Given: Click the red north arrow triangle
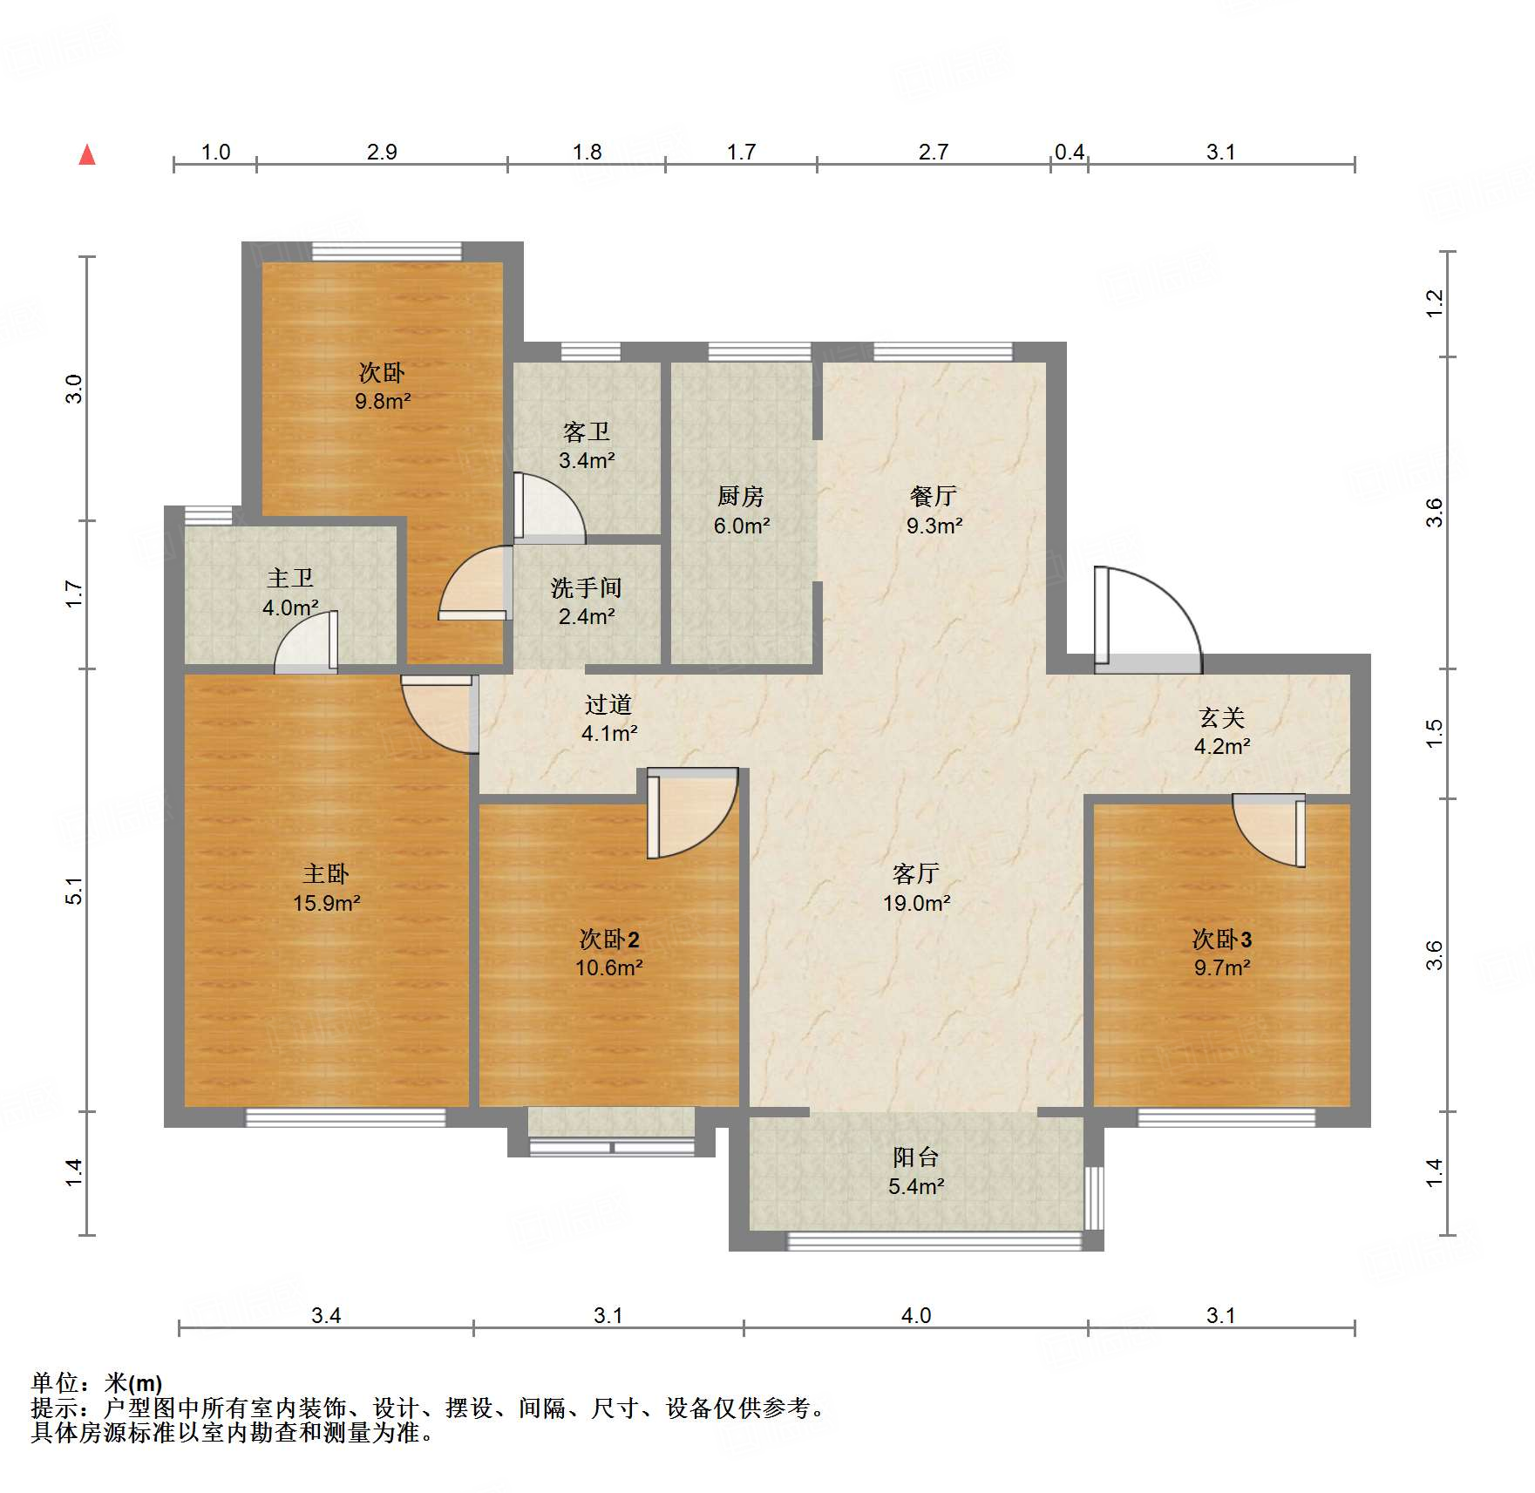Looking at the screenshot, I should click(87, 155).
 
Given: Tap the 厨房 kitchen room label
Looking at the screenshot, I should click(741, 497).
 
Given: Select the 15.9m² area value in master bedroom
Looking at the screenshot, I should click(326, 903).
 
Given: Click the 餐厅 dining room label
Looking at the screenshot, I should click(934, 497).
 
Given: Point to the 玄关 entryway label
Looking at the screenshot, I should click(1221, 717).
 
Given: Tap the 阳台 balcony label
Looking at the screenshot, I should click(916, 1157).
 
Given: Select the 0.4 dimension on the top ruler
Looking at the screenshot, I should click(1069, 153).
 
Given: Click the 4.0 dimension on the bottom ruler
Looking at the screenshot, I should click(915, 1315).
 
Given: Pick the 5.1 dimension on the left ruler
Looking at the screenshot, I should click(75, 890).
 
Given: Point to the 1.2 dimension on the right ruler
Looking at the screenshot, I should click(1435, 303).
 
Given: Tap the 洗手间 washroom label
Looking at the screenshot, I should click(586, 588).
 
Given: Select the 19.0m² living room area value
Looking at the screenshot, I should click(916, 903).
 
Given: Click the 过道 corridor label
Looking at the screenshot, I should click(608, 704).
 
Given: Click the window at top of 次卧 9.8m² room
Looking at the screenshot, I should click(386, 251).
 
